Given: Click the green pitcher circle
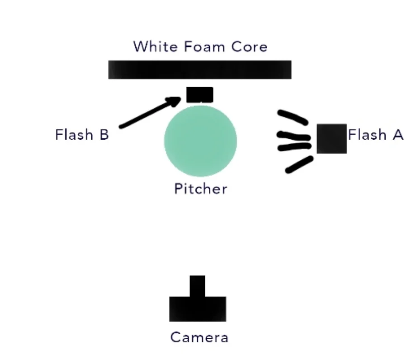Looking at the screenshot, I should (x=200, y=141).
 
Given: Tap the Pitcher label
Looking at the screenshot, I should (x=200, y=188).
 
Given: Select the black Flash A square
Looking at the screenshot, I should (x=331, y=138).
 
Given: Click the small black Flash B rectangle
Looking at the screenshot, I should (x=199, y=95).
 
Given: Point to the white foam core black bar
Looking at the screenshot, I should (x=199, y=70).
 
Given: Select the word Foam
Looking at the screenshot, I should (x=200, y=47).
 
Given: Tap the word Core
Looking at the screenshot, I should (x=248, y=47).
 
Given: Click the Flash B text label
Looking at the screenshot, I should (x=82, y=135).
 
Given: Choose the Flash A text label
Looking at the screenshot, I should (x=375, y=135).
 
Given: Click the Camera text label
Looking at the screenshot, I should (x=199, y=337).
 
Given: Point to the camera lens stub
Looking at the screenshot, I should (x=197, y=285).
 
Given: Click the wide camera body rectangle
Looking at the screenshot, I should (x=197, y=309).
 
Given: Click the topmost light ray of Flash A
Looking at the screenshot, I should (x=293, y=117).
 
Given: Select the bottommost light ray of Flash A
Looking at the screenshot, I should (x=299, y=164).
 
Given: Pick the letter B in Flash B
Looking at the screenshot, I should (x=104, y=135).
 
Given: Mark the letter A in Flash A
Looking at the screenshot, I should (x=398, y=135).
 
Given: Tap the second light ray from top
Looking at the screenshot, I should (x=293, y=135).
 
